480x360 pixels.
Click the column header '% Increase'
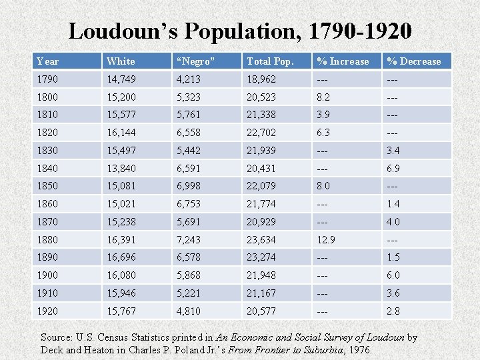343,61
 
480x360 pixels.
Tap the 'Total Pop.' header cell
271,61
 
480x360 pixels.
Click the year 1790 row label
47,79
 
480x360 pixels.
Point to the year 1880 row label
47,239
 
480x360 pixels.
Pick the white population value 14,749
121,79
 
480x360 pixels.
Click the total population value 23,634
261,239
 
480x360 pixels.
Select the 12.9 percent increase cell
326,239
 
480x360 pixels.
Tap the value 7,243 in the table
189,239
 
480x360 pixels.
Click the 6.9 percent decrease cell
393,168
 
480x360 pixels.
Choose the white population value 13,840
121,168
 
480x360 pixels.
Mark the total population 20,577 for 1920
261,311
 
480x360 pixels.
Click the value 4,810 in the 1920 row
189,311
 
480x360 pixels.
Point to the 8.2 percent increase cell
323,97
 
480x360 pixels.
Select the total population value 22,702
261,133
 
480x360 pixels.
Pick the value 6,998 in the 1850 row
189,186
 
